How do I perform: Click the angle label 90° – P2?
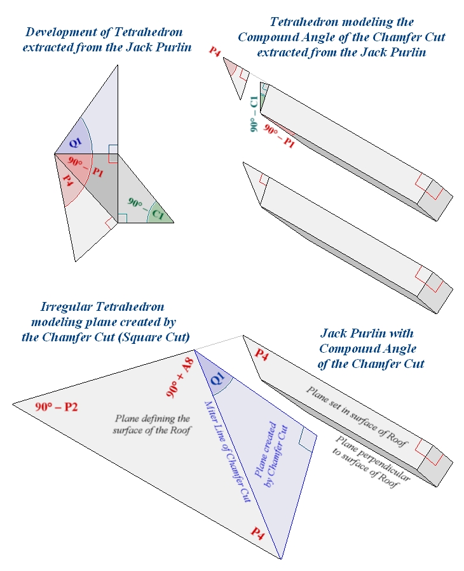coord(56,407)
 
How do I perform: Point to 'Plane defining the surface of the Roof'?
coord(152,424)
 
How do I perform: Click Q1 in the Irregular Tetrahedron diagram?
coord(217,379)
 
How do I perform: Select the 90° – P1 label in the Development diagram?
coord(84,166)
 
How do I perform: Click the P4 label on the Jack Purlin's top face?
coord(262,356)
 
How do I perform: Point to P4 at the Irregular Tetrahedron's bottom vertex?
coord(257,532)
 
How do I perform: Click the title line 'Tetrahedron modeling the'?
coord(341,23)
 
